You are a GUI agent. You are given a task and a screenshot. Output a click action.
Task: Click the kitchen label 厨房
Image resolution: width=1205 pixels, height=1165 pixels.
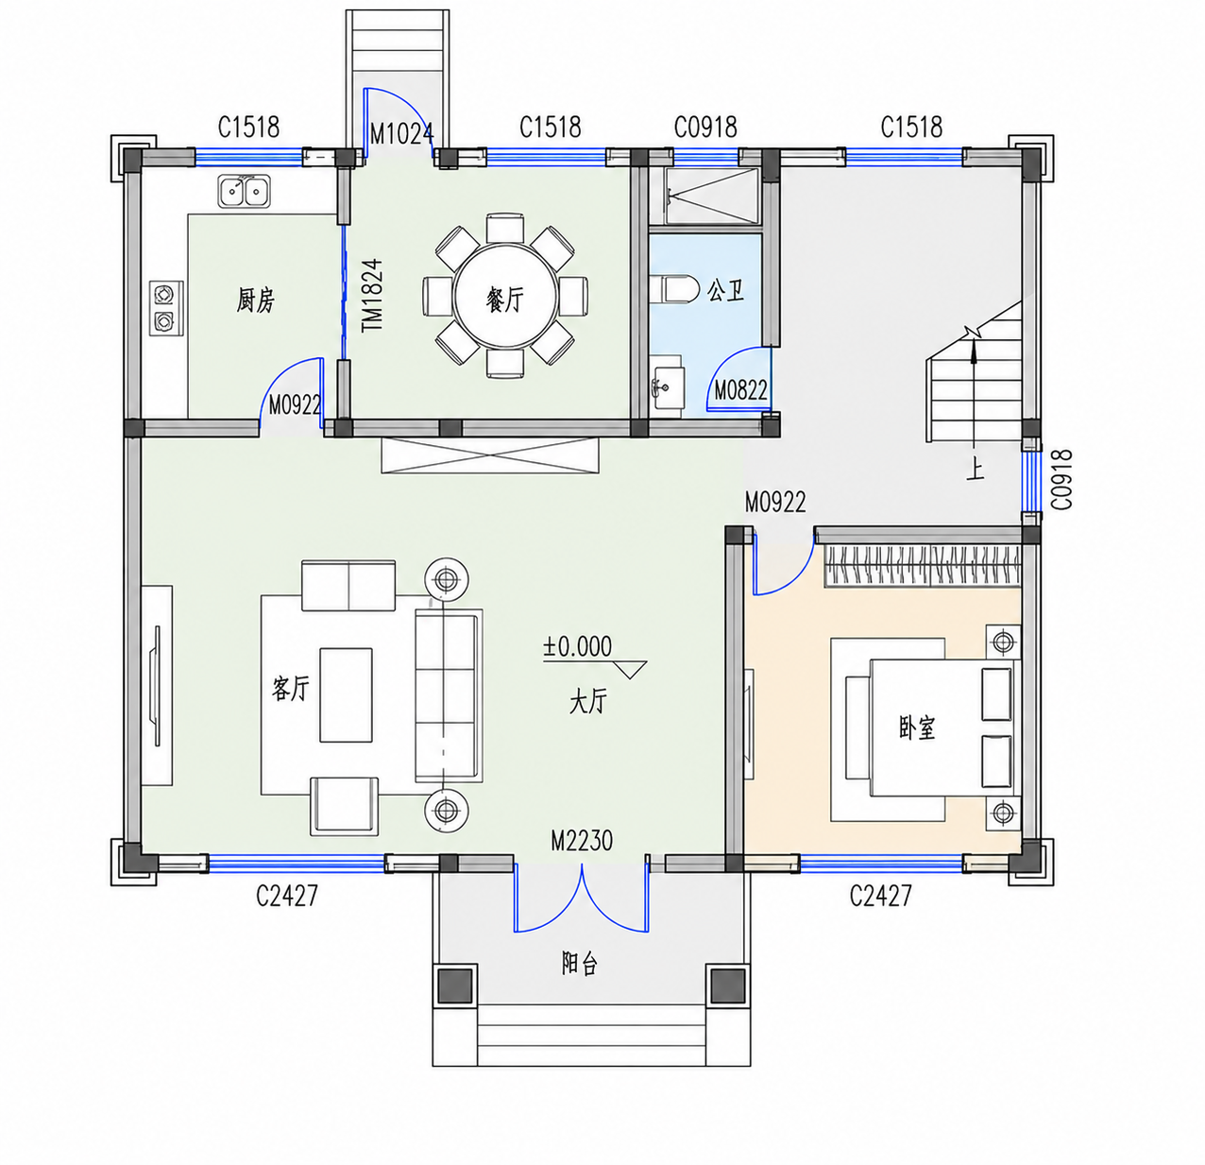click(x=256, y=300)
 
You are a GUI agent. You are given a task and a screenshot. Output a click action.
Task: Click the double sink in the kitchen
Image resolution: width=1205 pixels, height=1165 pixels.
click(x=244, y=190)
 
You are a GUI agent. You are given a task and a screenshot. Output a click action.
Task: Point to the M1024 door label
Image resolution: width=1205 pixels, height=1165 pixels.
click(x=402, y=133)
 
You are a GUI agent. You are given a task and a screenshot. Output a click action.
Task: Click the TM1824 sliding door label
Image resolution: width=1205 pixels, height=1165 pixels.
click(x=372, y=295)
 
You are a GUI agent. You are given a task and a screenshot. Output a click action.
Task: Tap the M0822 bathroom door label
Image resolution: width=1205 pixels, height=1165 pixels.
click(x=740, y=390)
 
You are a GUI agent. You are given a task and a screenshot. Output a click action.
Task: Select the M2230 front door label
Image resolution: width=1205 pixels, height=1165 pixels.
click(x=582, y=841)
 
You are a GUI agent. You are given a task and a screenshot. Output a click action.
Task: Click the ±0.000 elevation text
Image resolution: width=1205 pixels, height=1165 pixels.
click(x=577, y=646)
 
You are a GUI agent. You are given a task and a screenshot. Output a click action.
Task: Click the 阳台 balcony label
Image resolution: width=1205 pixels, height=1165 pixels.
click(x=580, y=964)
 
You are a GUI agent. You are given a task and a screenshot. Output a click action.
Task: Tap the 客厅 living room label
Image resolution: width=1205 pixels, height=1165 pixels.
click(x=290, y=688)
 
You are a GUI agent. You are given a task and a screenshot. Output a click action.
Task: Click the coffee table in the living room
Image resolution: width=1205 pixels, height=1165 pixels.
click(x=347, y=694)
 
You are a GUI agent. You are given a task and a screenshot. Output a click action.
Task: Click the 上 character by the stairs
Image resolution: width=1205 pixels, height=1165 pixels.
click(x=975, y=471)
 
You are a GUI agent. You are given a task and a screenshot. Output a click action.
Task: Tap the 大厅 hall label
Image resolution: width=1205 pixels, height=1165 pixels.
click(x=587, y=701)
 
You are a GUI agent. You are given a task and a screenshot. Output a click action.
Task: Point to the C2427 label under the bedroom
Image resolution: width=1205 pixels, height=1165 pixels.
click(x=880, y=896)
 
